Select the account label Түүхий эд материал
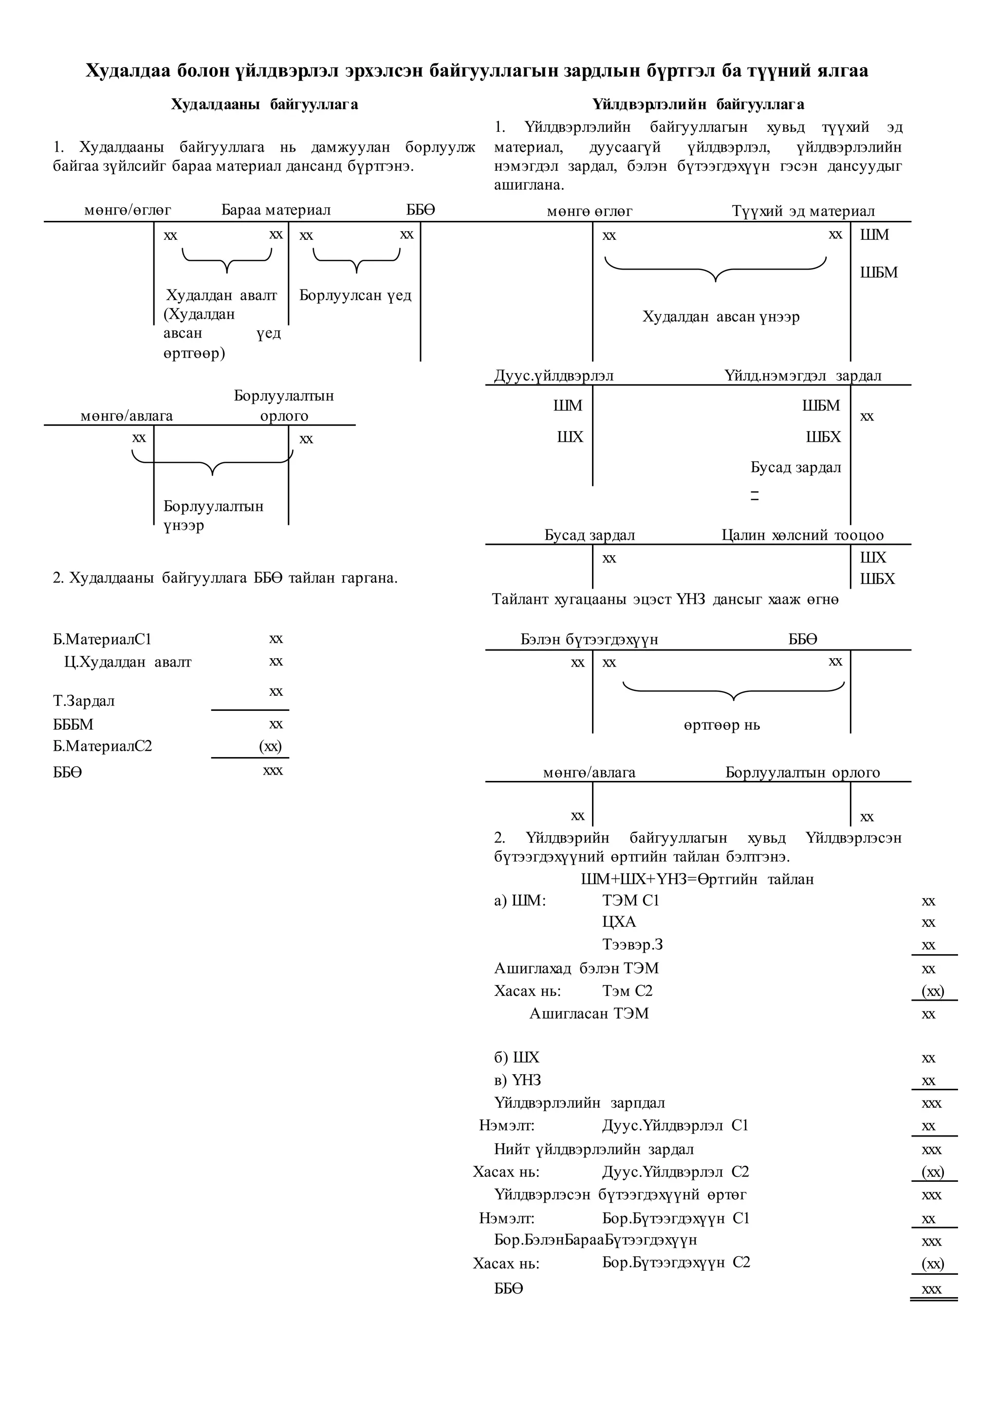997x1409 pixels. coord(803,211)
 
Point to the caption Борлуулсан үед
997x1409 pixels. coord(355,295)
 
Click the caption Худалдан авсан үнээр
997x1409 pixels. coord(721,317)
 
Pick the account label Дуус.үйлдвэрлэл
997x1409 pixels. coord(554,376)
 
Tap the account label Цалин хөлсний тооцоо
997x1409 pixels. coord(802,535)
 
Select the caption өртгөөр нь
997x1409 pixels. coord(721,725)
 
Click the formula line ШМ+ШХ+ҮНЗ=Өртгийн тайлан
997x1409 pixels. coord(698,879)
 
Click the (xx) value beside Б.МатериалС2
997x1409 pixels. coord(270,746)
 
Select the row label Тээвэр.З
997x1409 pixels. coord(632,944)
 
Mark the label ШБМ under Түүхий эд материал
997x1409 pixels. coord(879,272)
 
